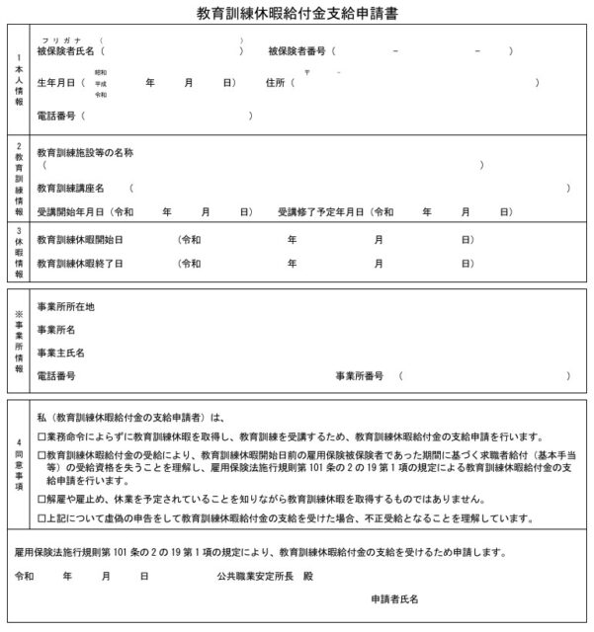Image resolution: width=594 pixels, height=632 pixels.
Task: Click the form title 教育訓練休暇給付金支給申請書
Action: (x=297, y=15)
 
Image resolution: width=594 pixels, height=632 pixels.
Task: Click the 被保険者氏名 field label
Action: (x=66, y=50)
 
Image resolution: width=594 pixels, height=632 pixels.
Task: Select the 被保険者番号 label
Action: (x=300, y=50)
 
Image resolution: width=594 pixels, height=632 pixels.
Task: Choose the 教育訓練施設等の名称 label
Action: (x=85, y=152)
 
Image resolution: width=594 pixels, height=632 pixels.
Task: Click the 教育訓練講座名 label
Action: (x=70, y=187)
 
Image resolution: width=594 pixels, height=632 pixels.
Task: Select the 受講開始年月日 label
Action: (x=73, y=212)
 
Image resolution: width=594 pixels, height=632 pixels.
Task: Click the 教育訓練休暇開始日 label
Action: (x=79, y=240)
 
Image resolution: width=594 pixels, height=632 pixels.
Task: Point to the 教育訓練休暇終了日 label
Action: (x=79, y=264)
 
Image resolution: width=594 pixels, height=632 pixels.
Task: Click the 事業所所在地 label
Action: (x=66, y=306)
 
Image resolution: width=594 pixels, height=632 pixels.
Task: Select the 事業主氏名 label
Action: (x=60, y=353)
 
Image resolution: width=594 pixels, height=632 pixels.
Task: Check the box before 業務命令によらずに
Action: (x=41, y=435)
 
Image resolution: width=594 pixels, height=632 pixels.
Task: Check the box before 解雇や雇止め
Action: (x=41, y=500)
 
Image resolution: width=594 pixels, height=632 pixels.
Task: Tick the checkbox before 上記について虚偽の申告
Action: (x=41, y=517)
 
